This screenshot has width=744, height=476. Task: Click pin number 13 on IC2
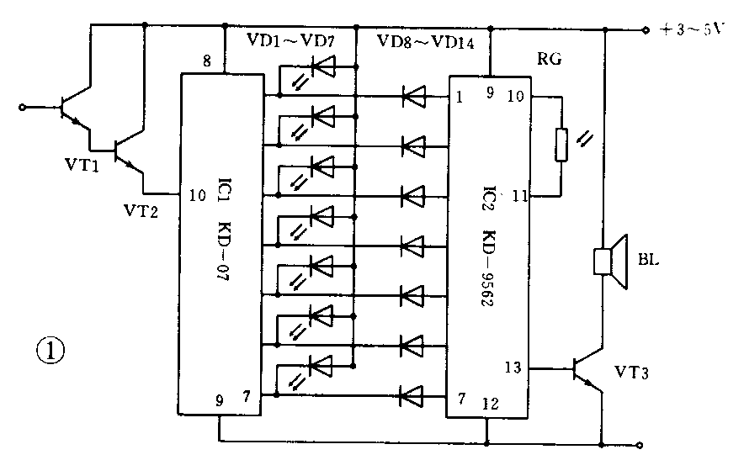(x=513, y=367)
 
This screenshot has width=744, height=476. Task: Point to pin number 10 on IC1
(x=198, y=195)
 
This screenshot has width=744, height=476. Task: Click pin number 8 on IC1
(x=206, y=61)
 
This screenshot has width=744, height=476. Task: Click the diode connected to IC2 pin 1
(x=413, y=97)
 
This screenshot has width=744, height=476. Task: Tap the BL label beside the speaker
(x=650, y=260)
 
